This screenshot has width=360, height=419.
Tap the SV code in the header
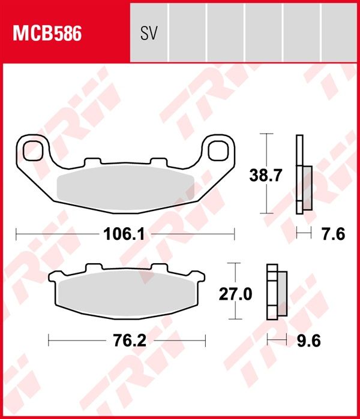[149, 34]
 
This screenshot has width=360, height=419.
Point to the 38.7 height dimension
[265, 176]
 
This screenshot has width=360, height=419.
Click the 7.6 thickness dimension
[334, 234]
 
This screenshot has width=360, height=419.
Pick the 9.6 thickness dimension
[308, 340]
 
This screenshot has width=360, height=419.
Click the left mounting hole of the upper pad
[34, 150]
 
